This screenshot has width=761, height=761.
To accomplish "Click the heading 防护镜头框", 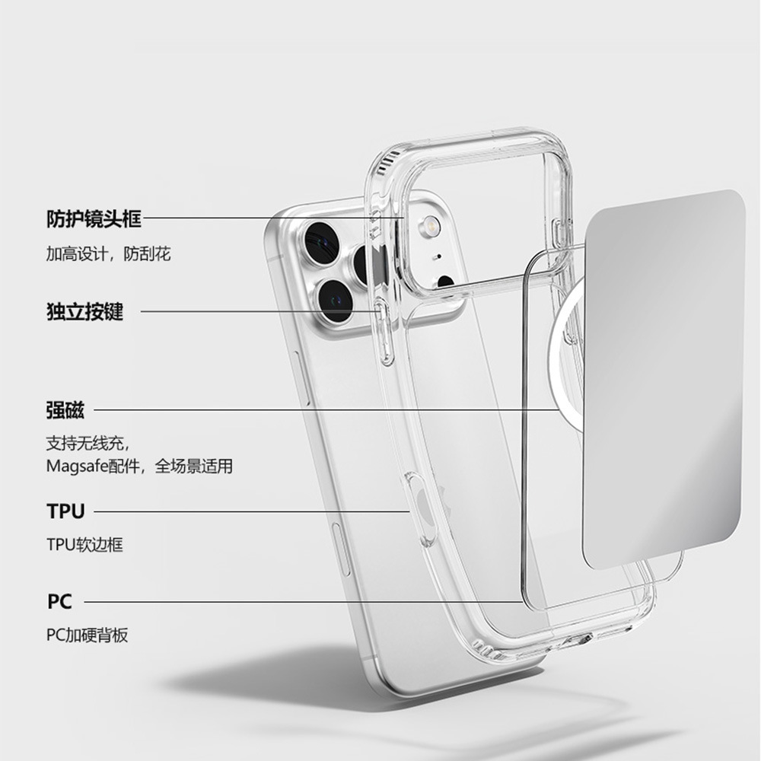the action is [94, 219].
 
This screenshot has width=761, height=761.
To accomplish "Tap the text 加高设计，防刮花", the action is [108, 254].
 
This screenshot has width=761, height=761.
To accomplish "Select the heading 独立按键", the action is [84, 312].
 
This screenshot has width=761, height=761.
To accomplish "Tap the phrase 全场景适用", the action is [194, 466].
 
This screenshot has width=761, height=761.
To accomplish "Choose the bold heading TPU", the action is [65, 511].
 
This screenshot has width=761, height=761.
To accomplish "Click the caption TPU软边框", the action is [84, 545].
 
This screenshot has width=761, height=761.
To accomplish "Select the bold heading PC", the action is [59, 602].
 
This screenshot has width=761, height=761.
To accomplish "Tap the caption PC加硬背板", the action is [87, 635].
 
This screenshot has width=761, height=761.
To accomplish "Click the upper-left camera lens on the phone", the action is [320, 241].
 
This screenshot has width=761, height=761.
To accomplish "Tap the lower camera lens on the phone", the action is [335, 300].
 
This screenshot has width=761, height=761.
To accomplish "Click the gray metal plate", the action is [662, 380].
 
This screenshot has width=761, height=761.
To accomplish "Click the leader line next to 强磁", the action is [327, 410].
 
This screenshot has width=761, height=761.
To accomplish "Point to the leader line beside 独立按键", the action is [259, 311].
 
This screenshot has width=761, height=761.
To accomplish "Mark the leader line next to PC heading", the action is [304, 602].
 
